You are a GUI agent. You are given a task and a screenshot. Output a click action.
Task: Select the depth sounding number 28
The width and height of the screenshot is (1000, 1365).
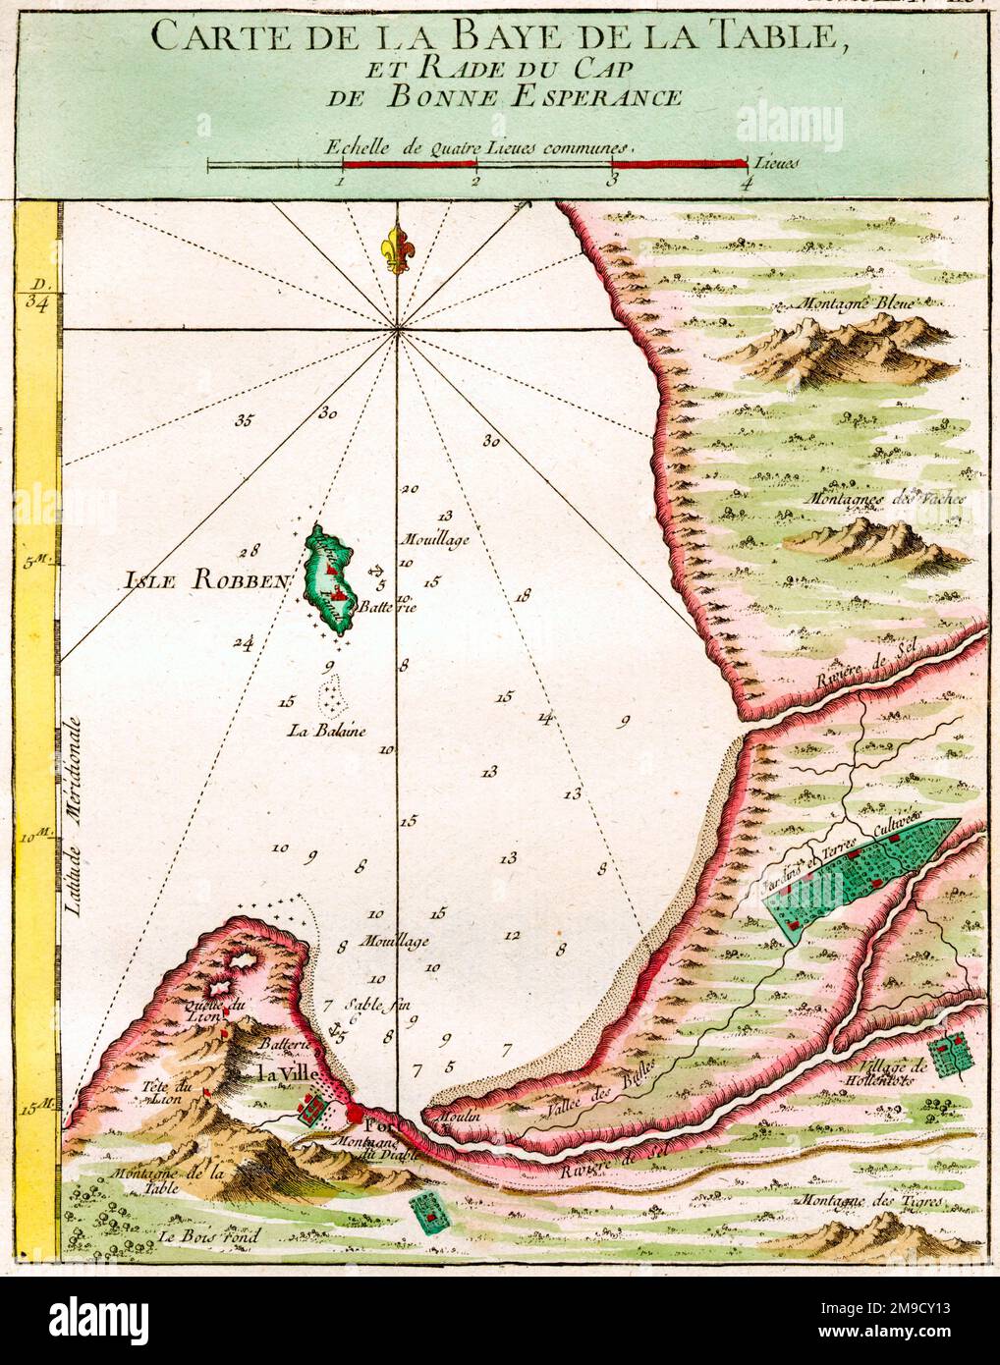point(252,550)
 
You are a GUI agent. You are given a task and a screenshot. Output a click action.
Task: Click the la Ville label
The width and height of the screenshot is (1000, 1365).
point(284,1074)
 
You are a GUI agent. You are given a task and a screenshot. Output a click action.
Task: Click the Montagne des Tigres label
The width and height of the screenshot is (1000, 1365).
point(870,1201)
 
